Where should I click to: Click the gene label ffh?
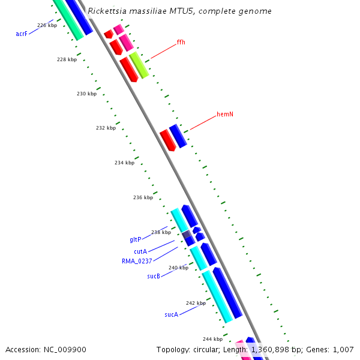click(181, 43)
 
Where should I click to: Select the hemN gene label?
click(224, 114)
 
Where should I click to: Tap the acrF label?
click(22, 34)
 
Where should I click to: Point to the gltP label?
click(136, 239)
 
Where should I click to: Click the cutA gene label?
click(140, 251)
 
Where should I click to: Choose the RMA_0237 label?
click(137, 261)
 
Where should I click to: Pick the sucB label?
click(153, 277)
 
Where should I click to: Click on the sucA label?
click(171, 314)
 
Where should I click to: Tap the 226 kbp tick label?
click(47, 26)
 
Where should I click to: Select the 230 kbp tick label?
click(86, 94)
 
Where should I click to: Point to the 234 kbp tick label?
click(124, 163)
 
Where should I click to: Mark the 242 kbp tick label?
click(196, 304)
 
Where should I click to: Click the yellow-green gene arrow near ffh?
click(139, 65)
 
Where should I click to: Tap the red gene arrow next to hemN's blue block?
click(167, 140)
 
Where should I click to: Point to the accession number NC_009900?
click(65, 350)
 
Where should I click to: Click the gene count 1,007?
click(343, 350)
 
